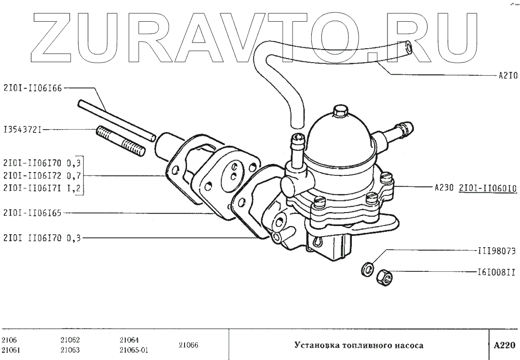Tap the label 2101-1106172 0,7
(43, 175)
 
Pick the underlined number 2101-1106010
(487, 188)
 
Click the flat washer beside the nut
(367, 268)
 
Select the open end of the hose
(408, 46)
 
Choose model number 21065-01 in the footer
(133, 350)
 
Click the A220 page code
(504, 346)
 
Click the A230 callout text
(444, 188)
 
